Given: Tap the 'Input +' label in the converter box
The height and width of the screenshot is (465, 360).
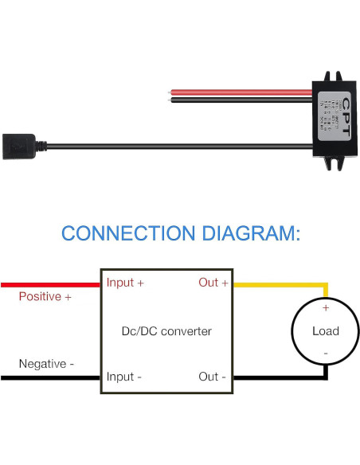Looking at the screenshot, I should [x=125, y=283].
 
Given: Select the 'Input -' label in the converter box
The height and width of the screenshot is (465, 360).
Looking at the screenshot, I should [x=124, y=377].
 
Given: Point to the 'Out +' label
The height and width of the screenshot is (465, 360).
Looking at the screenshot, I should [x=213, y=283].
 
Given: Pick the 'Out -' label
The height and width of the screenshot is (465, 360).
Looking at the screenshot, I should [x=213, y=377].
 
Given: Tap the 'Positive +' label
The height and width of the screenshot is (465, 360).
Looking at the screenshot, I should [x=45, y=297].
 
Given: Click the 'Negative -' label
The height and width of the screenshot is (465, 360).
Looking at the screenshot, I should [x=46, y=364].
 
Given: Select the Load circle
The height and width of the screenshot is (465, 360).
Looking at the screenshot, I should [x=325, y=330].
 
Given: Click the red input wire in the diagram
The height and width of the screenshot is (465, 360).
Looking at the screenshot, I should [x=48, y=283].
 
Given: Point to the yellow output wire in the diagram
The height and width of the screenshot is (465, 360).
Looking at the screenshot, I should [x=279, y=283].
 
